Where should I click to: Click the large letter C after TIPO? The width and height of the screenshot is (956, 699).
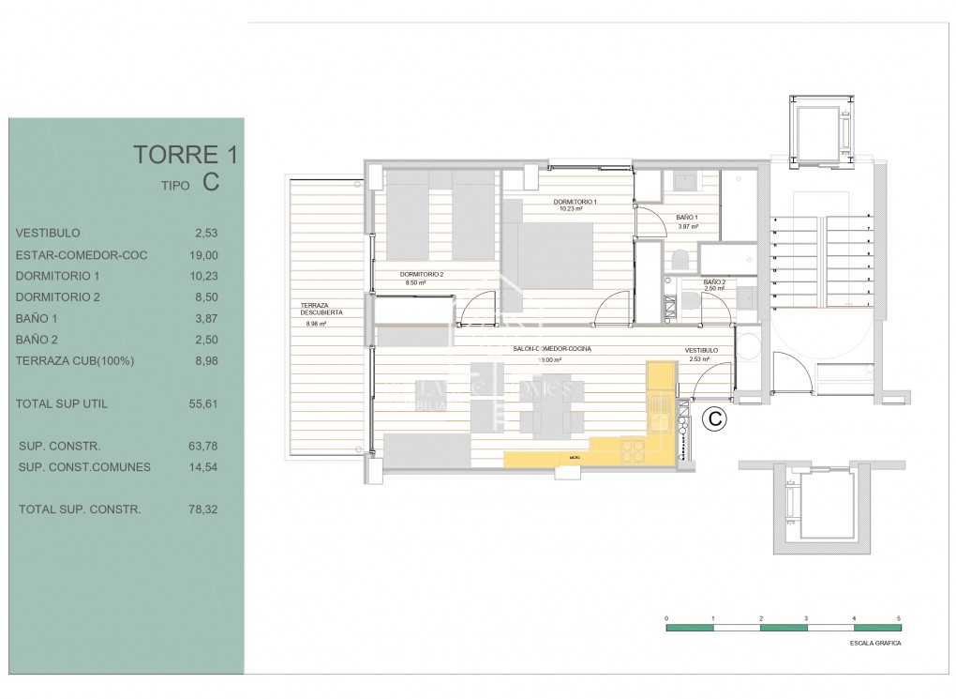point(210,183)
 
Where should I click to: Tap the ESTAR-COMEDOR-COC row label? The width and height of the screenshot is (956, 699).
point(82,254)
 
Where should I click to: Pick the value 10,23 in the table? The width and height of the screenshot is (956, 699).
point(202,276)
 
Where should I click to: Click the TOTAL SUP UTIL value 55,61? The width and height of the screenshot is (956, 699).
point(202,404)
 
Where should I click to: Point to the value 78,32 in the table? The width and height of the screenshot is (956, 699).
point(202,509)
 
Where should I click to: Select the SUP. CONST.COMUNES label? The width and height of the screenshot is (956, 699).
point(84,466)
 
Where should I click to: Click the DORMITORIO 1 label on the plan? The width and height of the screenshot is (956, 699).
point(575,202)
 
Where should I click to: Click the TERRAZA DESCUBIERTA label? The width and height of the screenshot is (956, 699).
point(321,309)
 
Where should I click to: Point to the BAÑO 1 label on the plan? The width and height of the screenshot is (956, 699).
point(687,218)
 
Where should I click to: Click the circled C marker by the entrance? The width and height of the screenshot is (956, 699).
point(714,419)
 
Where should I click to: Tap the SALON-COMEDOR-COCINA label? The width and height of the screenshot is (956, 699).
point(552,349)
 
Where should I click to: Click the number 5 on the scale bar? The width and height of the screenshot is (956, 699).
point(899,618)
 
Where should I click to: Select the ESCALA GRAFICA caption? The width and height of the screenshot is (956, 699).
point(875,645)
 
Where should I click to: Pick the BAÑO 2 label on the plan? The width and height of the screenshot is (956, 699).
point(714,281)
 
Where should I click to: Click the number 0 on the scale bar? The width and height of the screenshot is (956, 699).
point(666,618)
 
